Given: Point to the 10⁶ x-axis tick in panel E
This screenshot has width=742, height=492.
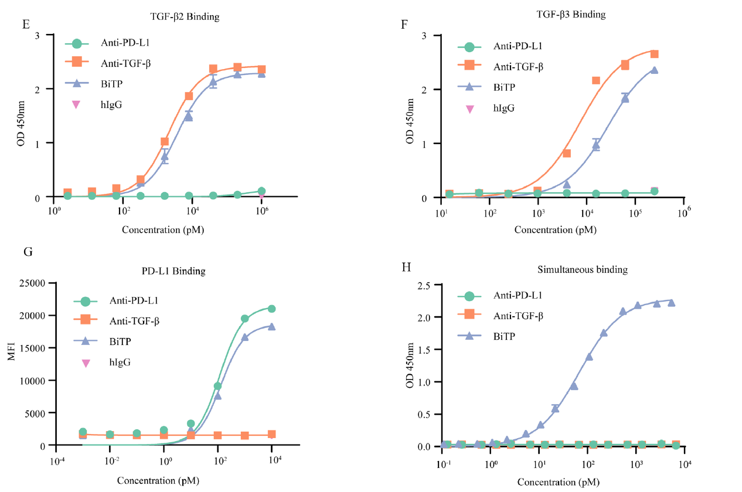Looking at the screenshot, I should point(261,211).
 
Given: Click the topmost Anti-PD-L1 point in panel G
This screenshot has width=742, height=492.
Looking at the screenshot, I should point(272,309).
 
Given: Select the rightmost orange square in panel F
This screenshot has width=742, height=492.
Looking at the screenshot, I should point(654,54).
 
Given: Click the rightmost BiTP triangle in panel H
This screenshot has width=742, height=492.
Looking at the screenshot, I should point(672,302).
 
